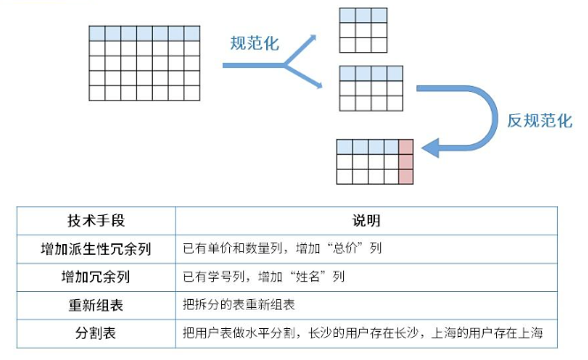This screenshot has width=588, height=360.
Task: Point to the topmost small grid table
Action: [363, 32]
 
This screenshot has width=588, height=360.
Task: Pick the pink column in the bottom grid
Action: [406, 161]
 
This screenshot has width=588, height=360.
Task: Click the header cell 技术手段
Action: [95, 219]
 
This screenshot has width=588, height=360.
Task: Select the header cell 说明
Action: [366, 219]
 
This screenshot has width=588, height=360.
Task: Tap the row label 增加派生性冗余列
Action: [95, 249]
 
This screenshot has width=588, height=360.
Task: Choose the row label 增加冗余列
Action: [95, 277]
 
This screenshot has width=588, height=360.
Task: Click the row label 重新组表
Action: [95, 304]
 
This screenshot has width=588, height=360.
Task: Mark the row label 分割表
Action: [95, 333]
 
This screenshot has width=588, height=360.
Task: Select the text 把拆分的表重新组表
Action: [237, 305]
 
